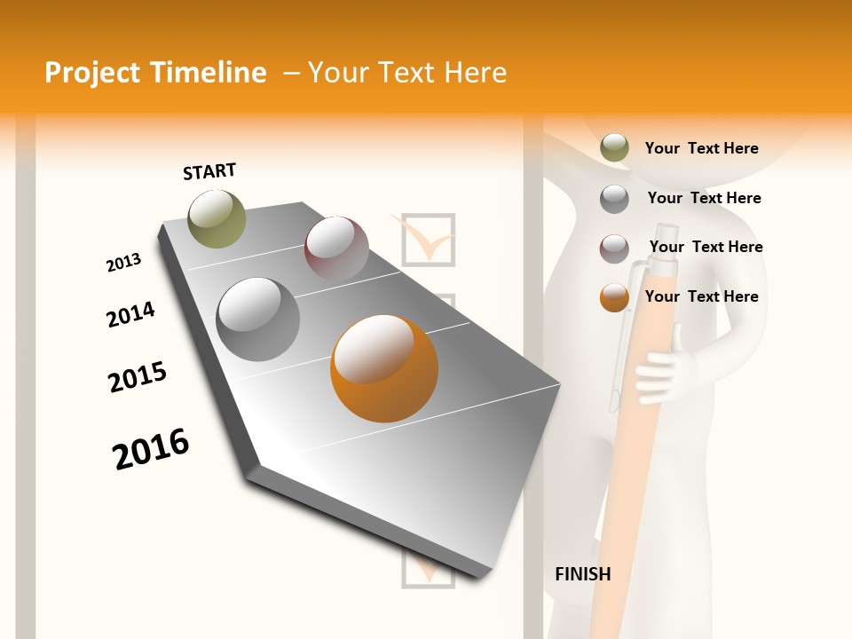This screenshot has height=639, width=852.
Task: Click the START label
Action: pyautogui.click(x=209, y=171)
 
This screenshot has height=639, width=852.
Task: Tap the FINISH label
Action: pyautogui.click(x=582, y=574)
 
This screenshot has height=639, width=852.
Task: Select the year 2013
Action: pyautogui.click(x=123, y=263)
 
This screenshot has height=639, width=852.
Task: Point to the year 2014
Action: pyautogui.click(x=130, y=314)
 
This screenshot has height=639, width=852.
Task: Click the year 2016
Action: pyautogui.click(x=151, y=448)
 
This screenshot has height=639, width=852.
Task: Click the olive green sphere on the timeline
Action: pyautogui.click(x=217, y=218)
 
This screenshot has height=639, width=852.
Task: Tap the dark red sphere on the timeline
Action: pyautogui.click(x=336, y=248)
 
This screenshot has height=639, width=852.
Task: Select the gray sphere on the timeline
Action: pyautogui.click(x=258, y=319)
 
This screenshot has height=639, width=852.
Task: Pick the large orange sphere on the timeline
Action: pyautogui.click(x=384, y=368)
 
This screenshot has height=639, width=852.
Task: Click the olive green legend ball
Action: pyautogui.click(x=614, y=148)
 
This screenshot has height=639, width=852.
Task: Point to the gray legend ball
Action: pyautogui.click(x=614, y=199)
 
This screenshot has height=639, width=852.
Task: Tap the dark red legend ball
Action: pyautogui.click(x=614, y=248)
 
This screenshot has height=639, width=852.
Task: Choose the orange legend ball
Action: pyautogui.click(x=614, y=297)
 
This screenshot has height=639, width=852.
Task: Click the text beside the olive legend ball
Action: pyautogui.click(x=701, y=148)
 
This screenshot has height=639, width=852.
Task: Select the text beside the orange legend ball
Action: pyautogui.click(x=701, y=296)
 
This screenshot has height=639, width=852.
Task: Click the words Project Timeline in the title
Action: pyautogui.click(x=155, y=73)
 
